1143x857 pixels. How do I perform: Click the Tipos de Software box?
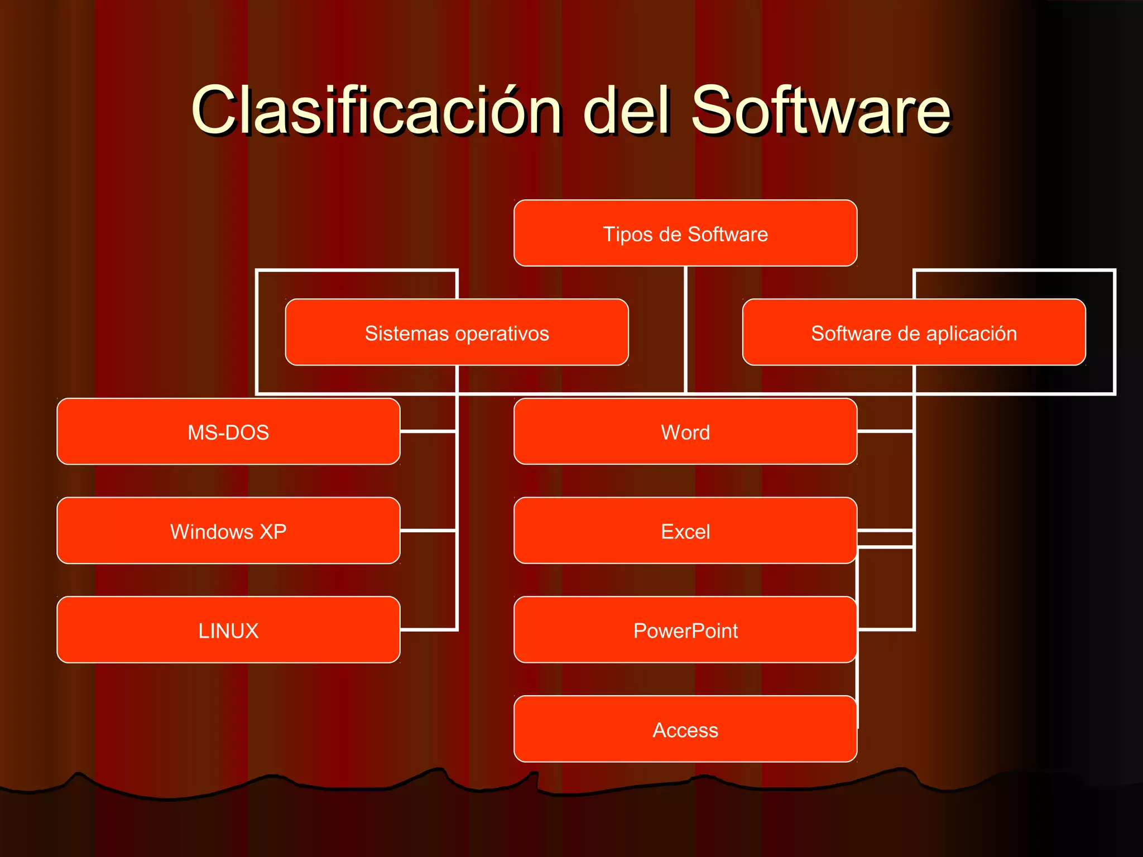tap(685, 233)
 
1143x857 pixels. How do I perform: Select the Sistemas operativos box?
tap(457, 333)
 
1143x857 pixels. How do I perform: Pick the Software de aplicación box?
tap(914, 333)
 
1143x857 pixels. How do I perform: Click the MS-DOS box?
tap(228, 432)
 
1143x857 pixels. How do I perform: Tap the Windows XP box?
tap(228, 531)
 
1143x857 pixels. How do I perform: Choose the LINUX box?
tap(228, 630)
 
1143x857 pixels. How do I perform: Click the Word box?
tap(685, 432)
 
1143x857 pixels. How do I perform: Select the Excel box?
tap(685, 531)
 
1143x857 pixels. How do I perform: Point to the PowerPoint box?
tap(685, 630)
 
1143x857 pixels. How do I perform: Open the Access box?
tap(685, 729)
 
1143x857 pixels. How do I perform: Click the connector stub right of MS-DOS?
tap(428, 431)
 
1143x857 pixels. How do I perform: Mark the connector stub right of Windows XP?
tap(428, 531)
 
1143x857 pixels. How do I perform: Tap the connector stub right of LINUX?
tap(428, 629)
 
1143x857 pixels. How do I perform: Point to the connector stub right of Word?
tap(885, 431)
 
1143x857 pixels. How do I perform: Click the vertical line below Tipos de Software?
tap(685, 329)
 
